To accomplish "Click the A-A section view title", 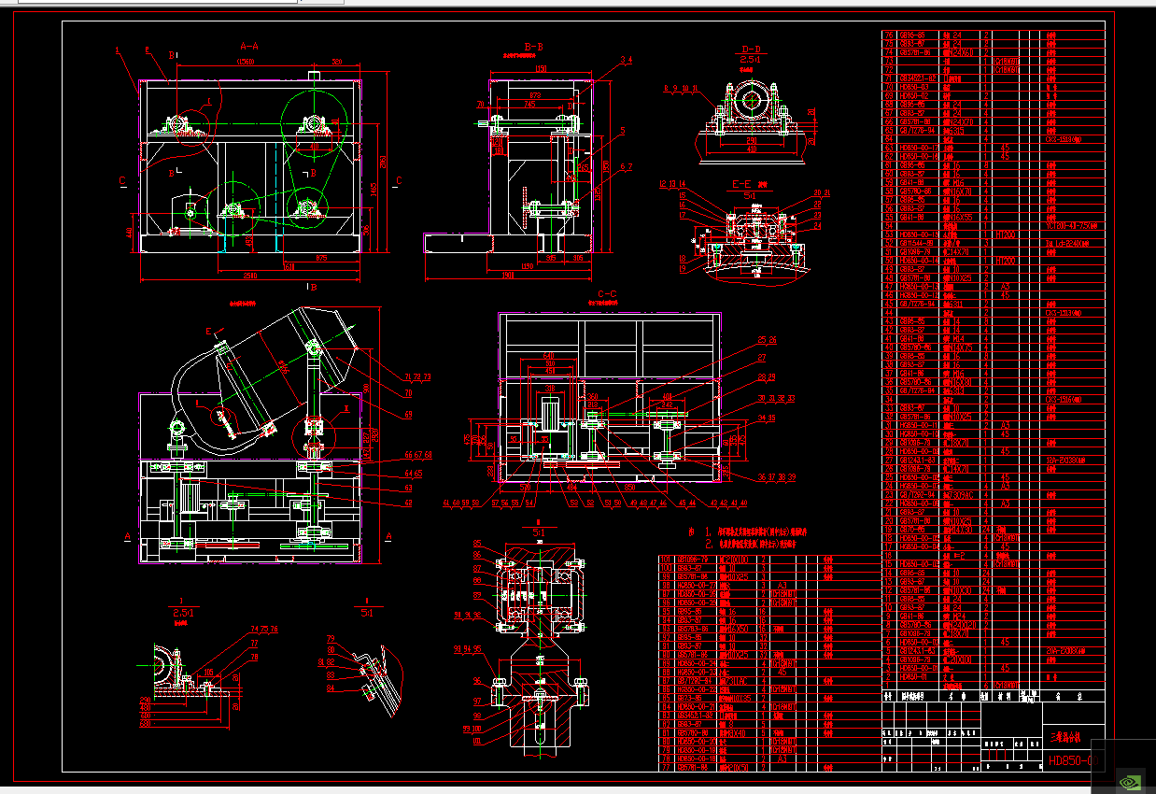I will pyautogui.click(x=249, y=44).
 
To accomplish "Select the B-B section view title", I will pyautogui.click(x=534, y=45).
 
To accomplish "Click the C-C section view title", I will pyautogui.click(x=607, y=294).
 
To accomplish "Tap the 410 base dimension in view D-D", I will pyautogui.click(x=751, y=148).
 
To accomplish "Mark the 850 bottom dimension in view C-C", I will pyautogui.click(x=629, y=487).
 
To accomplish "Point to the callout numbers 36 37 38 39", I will pyautogui.click(x=776, y=477).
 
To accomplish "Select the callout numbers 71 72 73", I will pyautogui.click(x=417, y=377).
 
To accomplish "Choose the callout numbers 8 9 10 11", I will pyautogui.click(x=681, y=89).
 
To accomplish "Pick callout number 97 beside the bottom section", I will pyautogui.click(x=477, y=701).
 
